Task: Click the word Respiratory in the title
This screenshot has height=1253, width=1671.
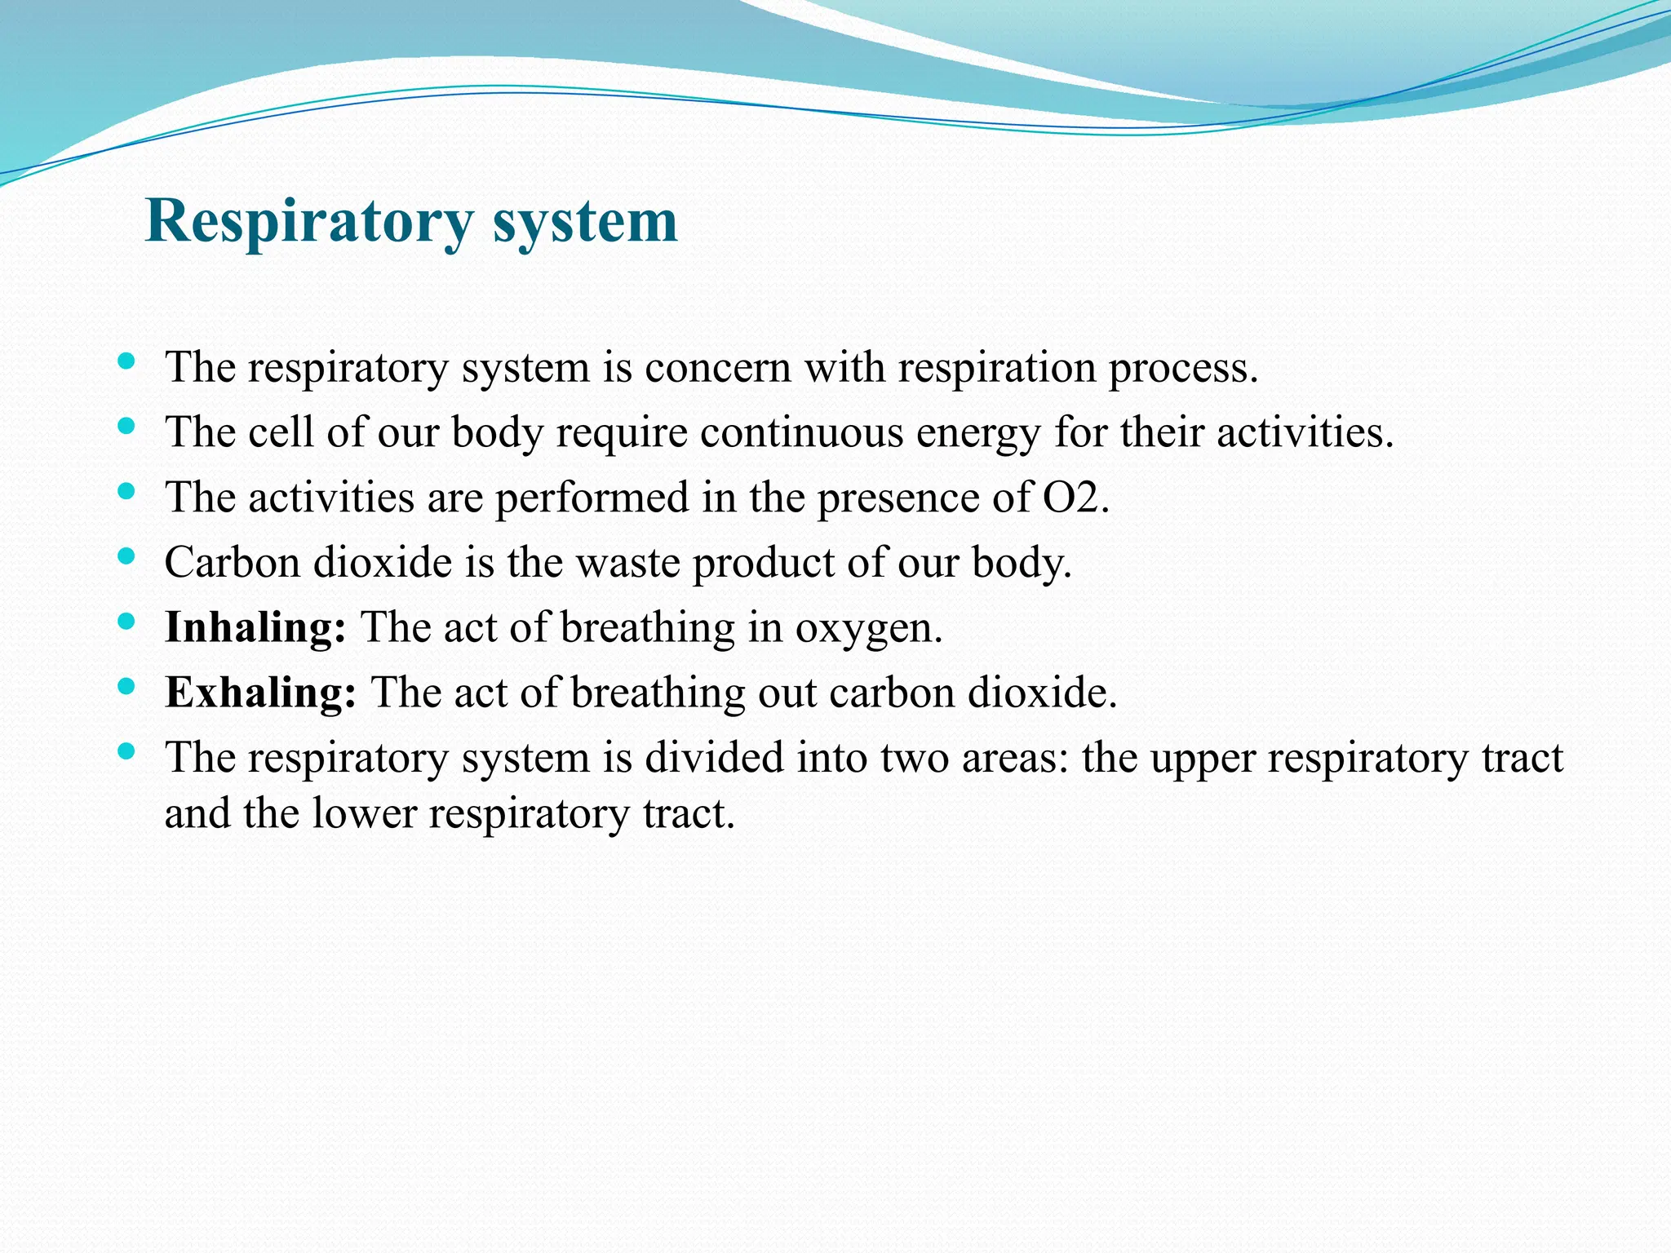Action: pos(308,222)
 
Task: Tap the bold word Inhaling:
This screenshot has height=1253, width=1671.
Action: pos(255,628)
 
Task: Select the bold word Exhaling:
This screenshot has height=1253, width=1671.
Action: pos(260,693)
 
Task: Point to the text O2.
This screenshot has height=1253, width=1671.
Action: pos(1075,498)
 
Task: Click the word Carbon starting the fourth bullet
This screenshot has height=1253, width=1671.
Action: pos(233,563)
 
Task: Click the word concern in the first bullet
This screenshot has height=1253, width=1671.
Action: pos(718,368)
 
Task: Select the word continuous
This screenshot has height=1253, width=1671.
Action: pos(801,432)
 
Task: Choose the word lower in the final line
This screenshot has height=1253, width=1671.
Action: pos(364,814)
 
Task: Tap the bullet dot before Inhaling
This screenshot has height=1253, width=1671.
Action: pos(126,622)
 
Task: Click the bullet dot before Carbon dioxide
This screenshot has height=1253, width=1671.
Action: pos(126,556)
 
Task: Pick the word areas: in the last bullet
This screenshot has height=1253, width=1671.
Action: pos(1014,759)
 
